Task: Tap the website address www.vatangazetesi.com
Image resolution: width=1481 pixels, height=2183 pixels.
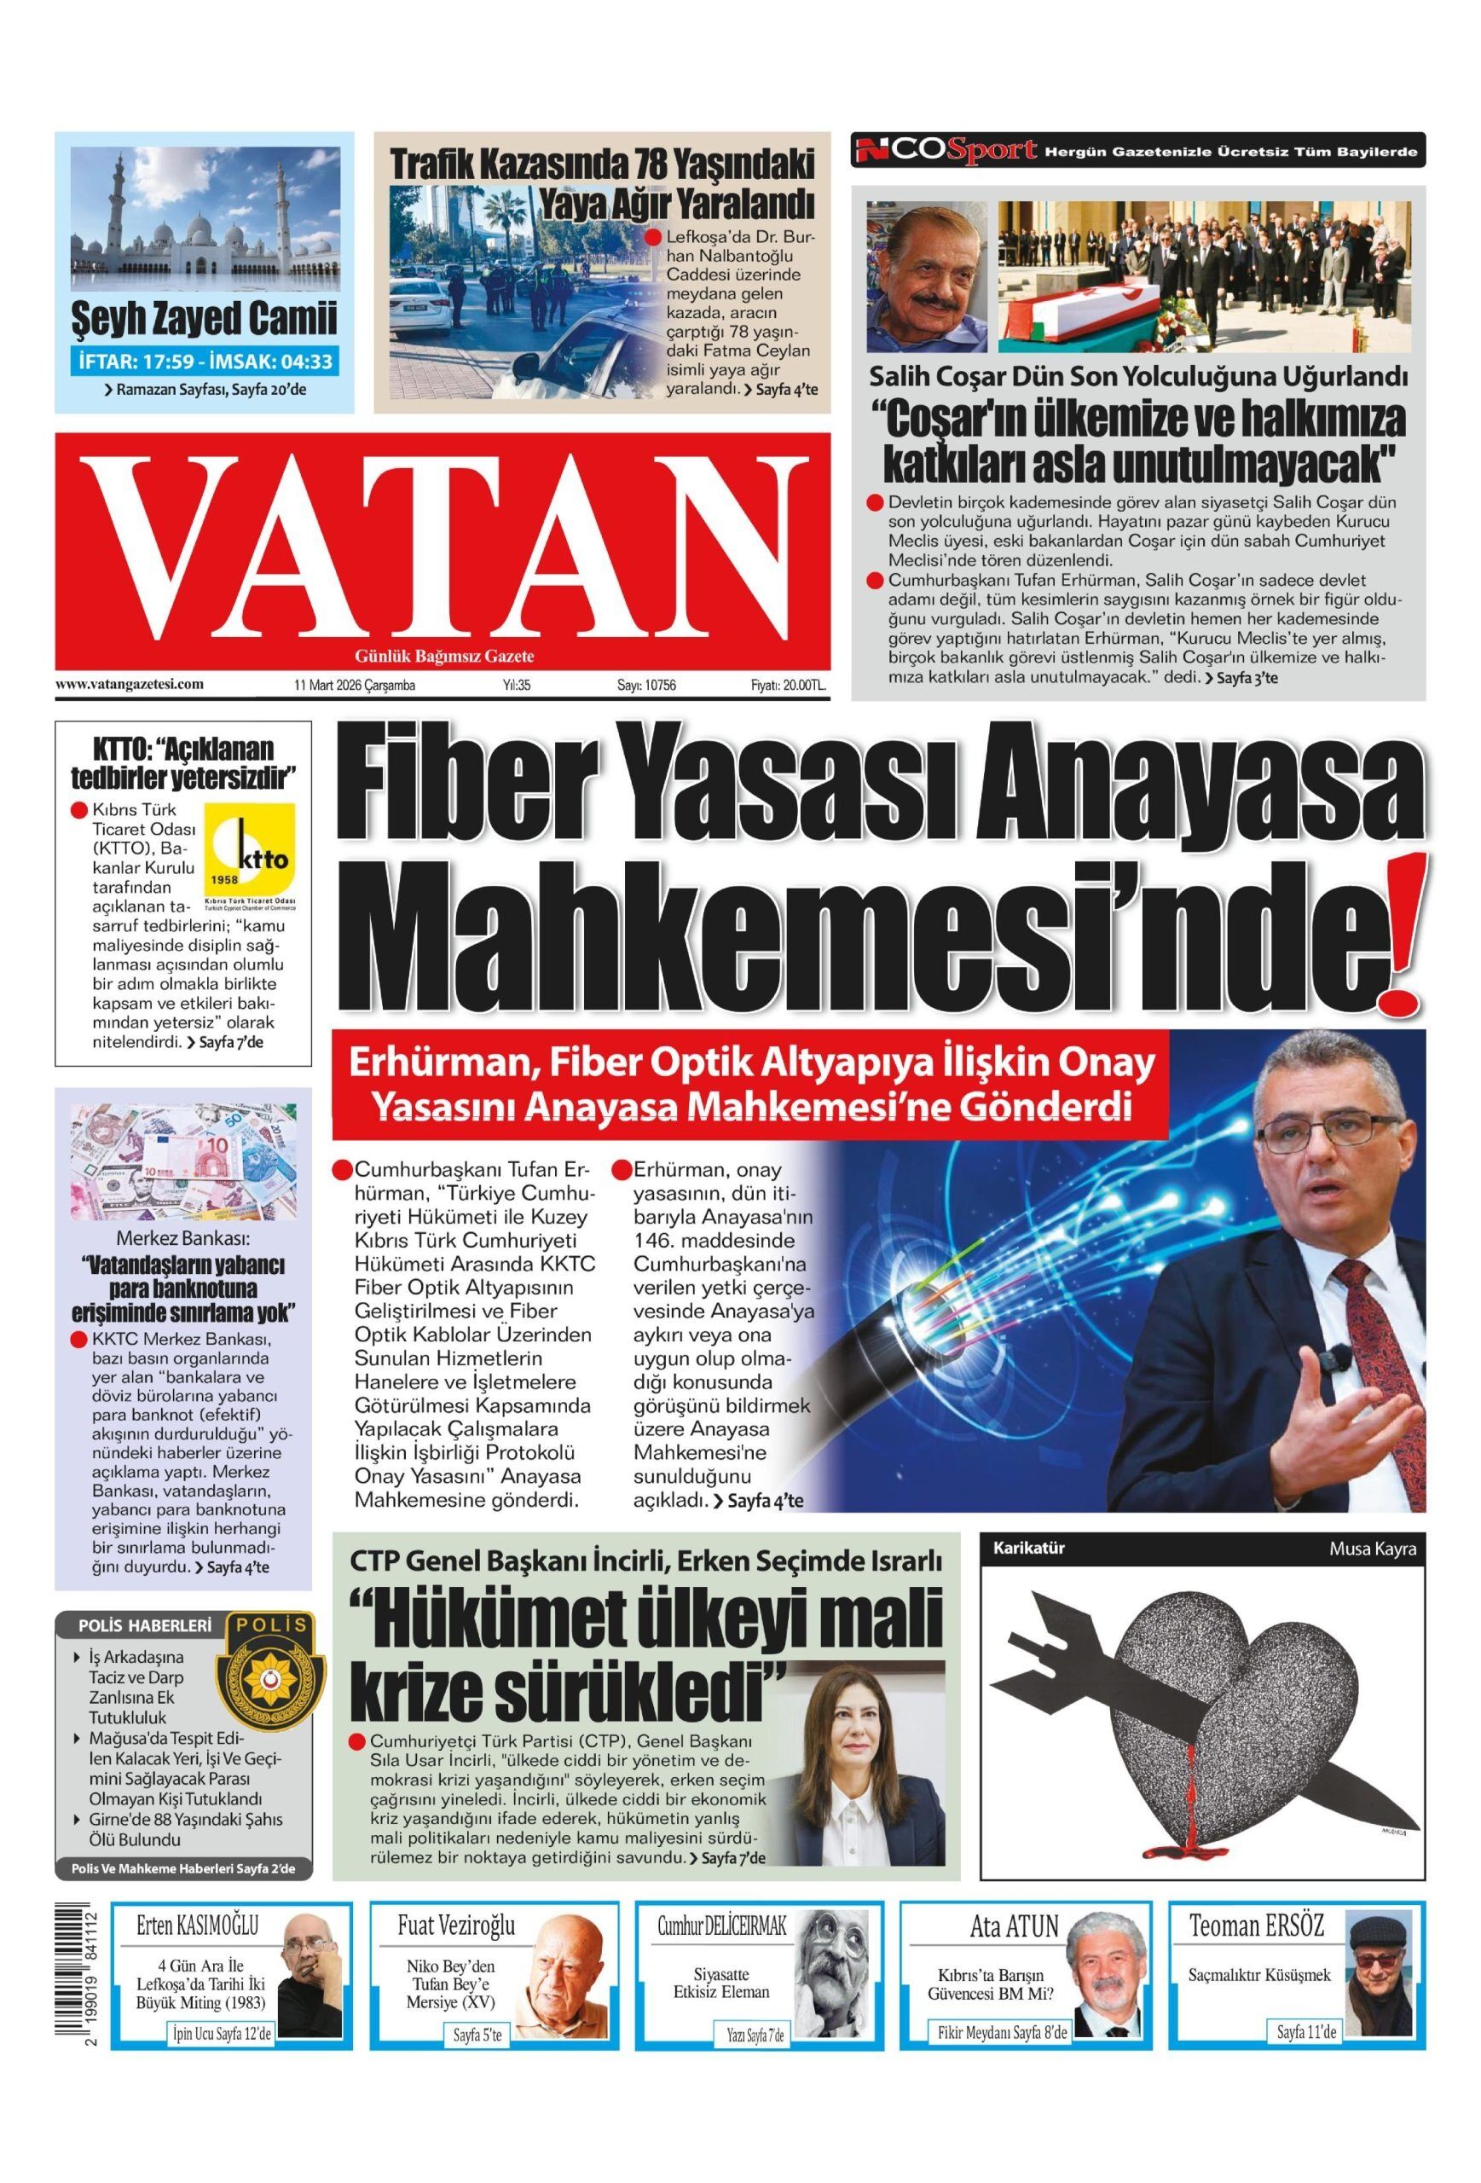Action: click(x=130, y=685)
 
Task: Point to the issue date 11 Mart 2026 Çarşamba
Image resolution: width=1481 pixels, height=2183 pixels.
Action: click(x=354, y=686)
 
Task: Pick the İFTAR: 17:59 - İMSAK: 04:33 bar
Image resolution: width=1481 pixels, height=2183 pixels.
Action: click(x=203, y=362)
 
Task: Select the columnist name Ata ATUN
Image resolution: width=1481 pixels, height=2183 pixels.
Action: click(x=1013, y=1902)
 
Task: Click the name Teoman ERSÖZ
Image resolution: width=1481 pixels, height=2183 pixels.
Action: click(x=1256, y=1902)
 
